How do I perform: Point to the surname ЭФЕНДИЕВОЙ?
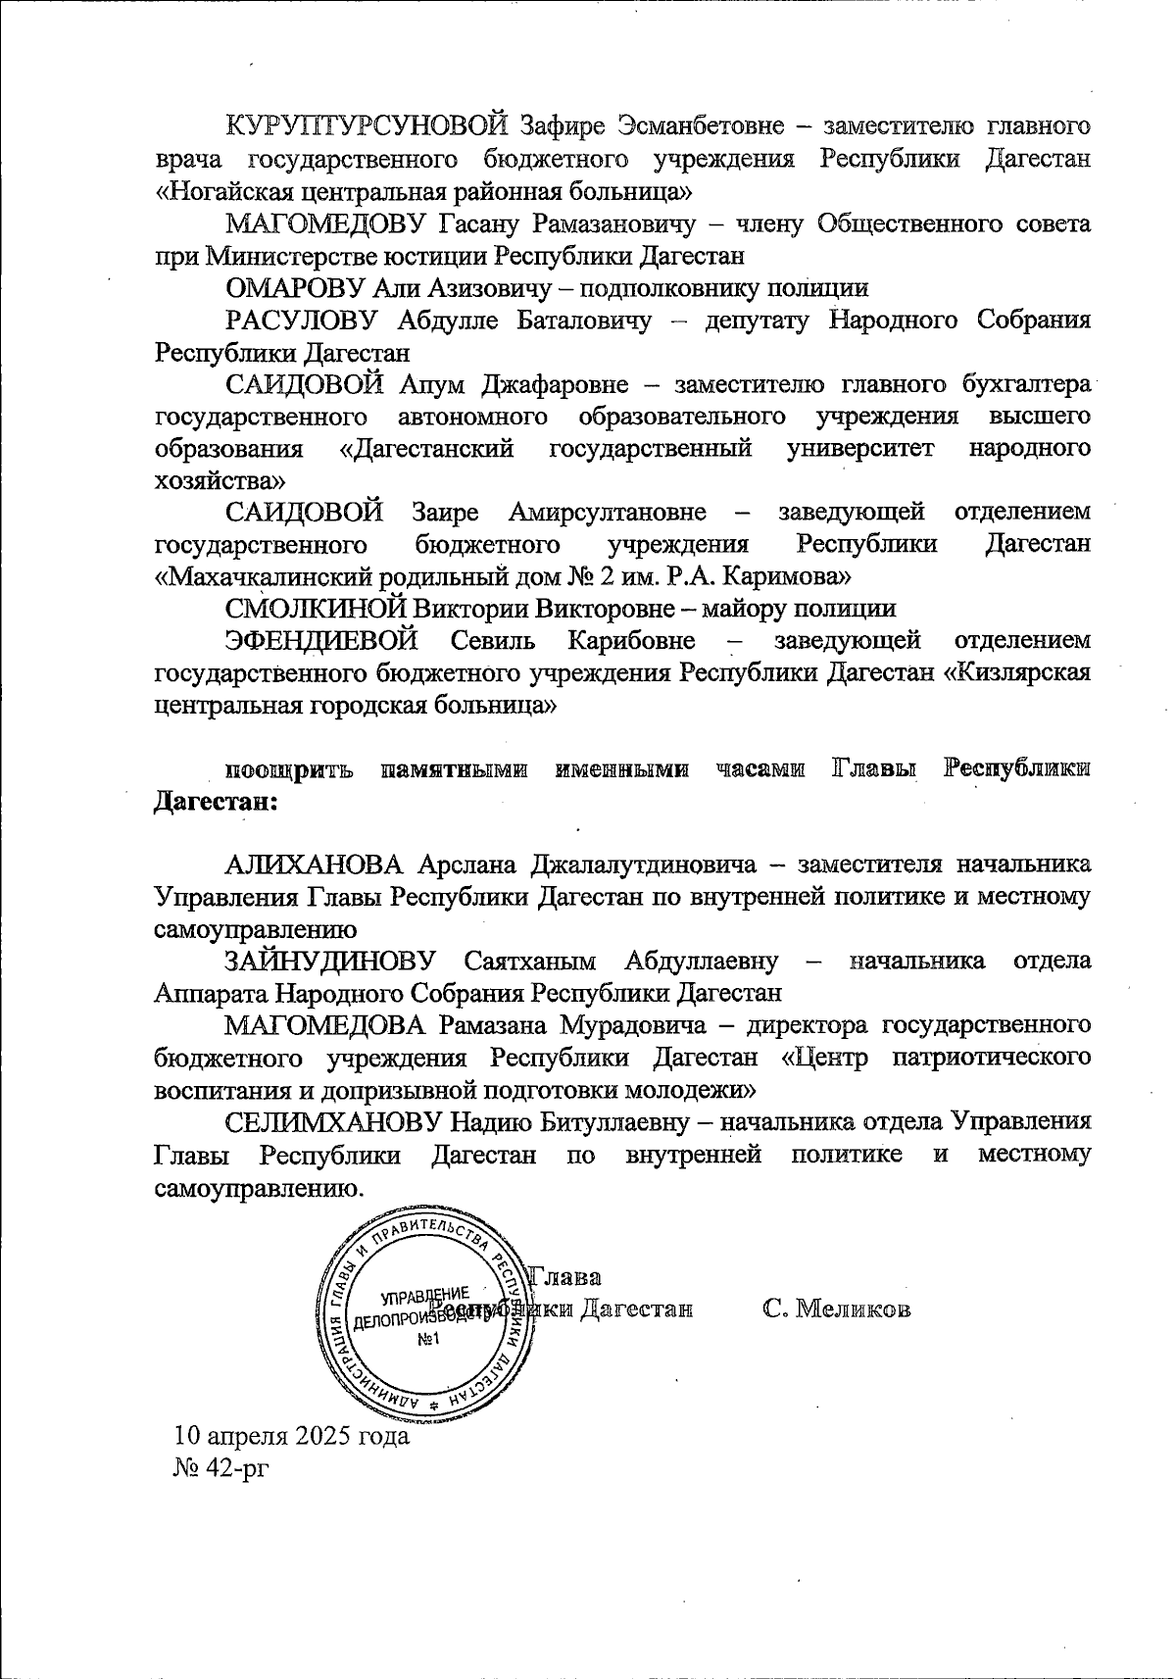321,640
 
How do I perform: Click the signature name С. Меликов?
837,1309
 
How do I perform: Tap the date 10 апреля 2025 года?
291,1437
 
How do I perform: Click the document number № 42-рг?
220,1468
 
